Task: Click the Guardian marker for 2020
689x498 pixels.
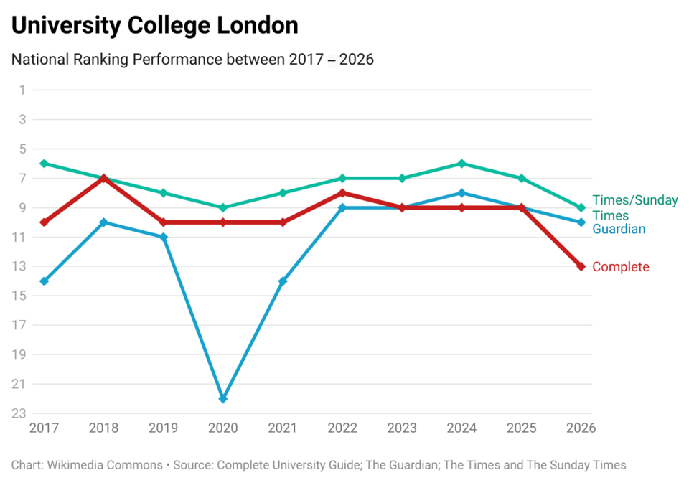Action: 222,398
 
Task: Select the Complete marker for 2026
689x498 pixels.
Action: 581,266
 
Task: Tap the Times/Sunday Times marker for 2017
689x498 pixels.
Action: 44,164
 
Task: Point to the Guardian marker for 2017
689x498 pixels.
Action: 44,281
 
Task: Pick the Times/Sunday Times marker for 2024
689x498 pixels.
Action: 461,164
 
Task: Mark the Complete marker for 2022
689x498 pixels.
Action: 342,193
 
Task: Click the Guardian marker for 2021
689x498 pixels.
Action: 283,281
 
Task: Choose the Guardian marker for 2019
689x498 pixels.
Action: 164,237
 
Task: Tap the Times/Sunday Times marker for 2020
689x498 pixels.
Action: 222,207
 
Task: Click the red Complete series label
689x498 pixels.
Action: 620,267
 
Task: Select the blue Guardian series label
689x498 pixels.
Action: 619,229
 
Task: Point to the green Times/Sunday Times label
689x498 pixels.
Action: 634,207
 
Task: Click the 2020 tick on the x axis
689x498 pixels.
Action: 222,428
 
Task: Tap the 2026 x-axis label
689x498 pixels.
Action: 581,428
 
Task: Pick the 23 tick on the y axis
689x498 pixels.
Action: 19,413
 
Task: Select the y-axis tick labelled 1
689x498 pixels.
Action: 22,90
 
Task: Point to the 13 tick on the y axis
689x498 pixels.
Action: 19,266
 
